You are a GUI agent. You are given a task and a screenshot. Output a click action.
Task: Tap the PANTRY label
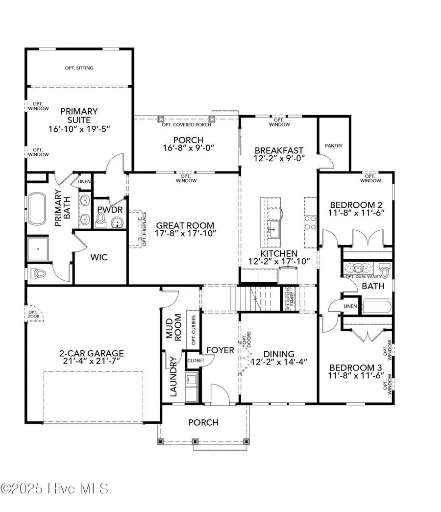pyautogui.click(x=334, y=146)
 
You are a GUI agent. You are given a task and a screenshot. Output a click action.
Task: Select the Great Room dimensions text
pyautogui.click(x=185, y=234)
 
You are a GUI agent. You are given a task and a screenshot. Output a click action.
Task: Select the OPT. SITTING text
pyautogui.click(x=79, y=68)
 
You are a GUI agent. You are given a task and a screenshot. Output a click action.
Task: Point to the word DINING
pyautogui.click(x=278, y=354)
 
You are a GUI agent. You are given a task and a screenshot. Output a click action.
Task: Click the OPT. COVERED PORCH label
pyautogui.click(x=186, y=125)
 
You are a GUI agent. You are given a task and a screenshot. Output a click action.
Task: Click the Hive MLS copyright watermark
pyautogui.click(x=54, y=488)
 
